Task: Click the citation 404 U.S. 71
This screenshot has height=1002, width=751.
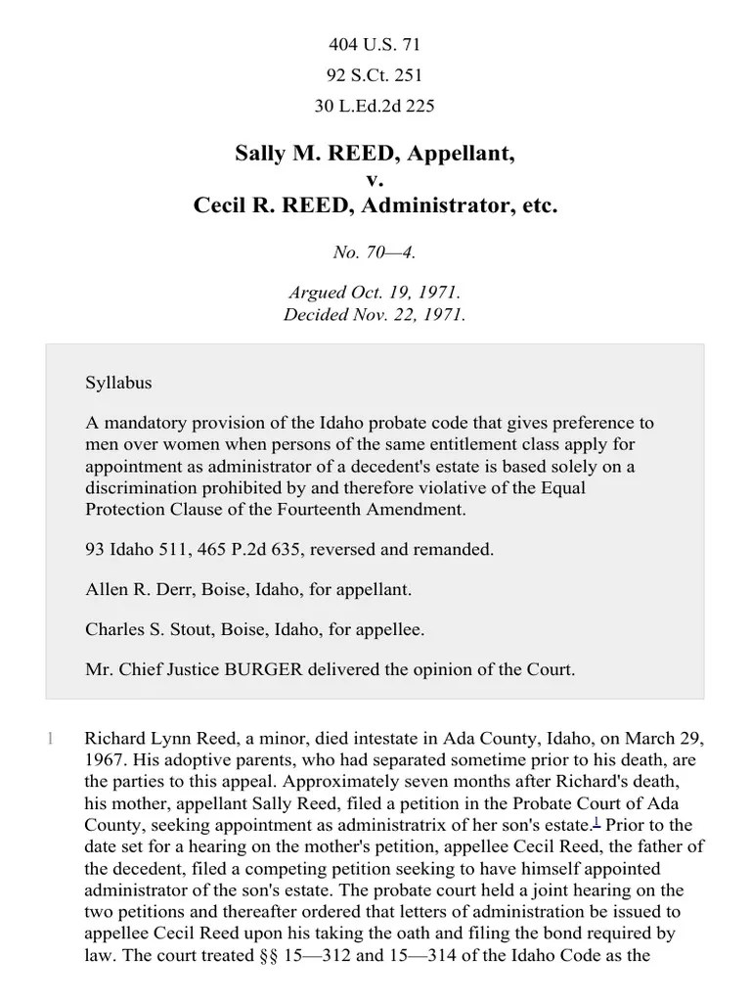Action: [375, 45]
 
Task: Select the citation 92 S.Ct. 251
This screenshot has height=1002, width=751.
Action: [375, 74]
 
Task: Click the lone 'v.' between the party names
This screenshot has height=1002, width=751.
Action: [375, 180]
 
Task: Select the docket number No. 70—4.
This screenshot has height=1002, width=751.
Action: [375, 252]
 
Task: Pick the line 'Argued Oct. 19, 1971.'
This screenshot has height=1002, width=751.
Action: [375, 293]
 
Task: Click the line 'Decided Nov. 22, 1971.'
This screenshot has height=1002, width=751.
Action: [375, 314]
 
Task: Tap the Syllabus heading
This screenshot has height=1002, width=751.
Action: [118, 383]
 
